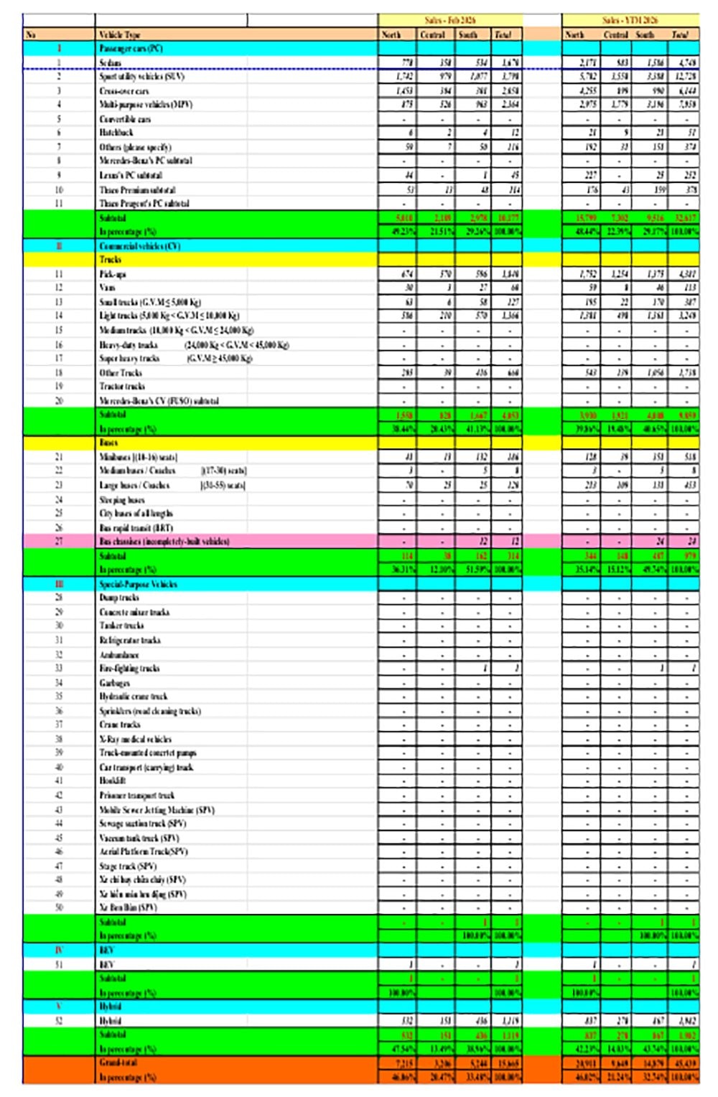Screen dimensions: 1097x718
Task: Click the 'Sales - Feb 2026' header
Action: click(449, 20)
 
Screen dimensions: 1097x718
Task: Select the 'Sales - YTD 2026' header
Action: click(630, 20)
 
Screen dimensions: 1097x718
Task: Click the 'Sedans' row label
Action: click(111, 63)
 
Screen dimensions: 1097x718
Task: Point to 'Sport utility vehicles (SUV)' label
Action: click(142, 77)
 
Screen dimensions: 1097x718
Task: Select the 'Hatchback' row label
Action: click(116, 133)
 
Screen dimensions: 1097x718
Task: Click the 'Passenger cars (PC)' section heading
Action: click(131, 49)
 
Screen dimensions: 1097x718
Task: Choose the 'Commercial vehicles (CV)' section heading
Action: click(139, 246)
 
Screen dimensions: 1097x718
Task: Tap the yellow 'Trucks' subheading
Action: click(111, 260)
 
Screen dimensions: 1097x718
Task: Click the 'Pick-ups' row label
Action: click(113, 274)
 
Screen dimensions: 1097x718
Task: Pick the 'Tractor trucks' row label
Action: click(121, 387)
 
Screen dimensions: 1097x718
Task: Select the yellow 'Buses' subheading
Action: click(108, 443)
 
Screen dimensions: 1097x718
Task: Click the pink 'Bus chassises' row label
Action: click(164, 542)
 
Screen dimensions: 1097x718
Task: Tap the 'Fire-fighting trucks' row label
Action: click(129, 669)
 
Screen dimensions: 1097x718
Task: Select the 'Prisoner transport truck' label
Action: click(136, 795)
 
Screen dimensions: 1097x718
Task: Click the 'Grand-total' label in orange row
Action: click(118, 1063)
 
